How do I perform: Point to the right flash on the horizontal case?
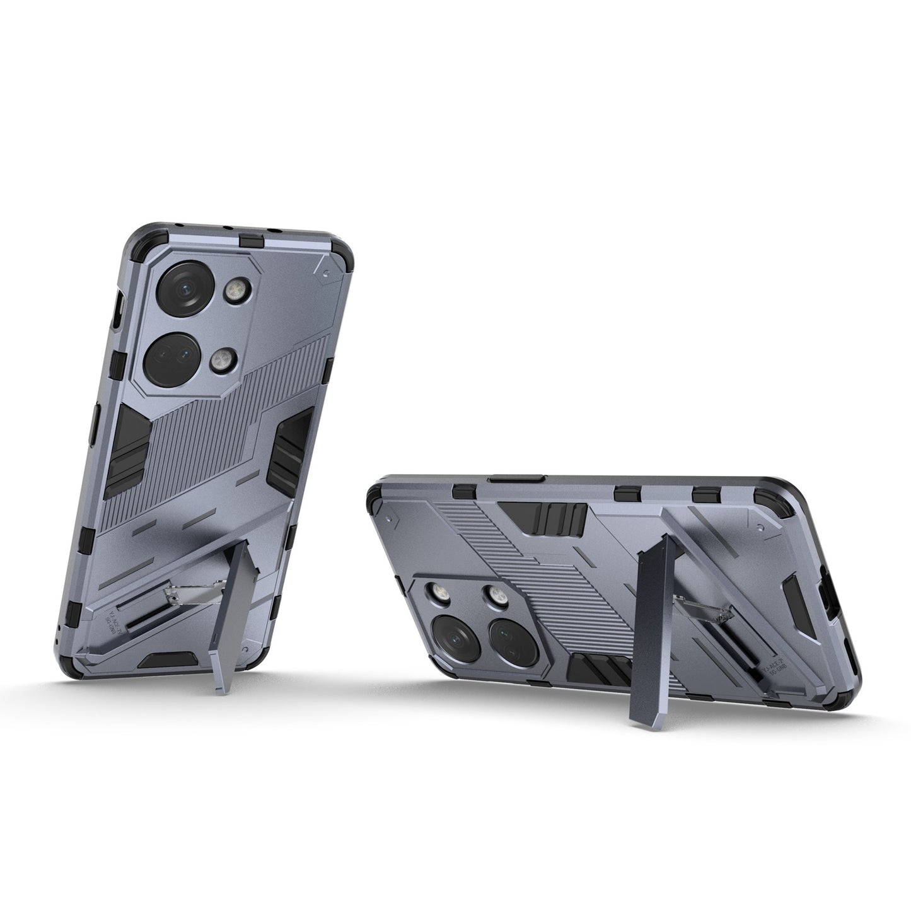494,594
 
